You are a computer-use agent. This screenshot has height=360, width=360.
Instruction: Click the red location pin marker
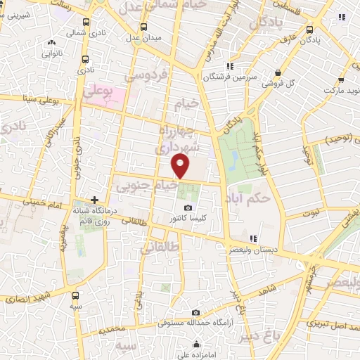tap(181, 166)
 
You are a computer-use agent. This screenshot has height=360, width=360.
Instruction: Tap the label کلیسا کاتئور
tap(188, 219)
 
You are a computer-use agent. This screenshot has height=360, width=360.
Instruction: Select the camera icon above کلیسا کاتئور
tap(188, 208)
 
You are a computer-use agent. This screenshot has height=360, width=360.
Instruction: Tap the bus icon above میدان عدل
tap(143, 27)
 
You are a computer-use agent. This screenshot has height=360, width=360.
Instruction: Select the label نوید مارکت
tap(340, 91)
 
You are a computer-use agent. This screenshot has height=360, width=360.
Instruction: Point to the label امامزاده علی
tap(195, 355)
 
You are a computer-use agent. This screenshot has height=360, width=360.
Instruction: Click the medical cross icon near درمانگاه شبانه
tap(94, 200)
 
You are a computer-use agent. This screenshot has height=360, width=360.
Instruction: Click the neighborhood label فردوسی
tap(144, 74)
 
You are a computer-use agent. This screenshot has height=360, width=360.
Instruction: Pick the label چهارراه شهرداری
tap(182, 139)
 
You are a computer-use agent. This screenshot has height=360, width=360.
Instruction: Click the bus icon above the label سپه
tap(75, 296)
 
